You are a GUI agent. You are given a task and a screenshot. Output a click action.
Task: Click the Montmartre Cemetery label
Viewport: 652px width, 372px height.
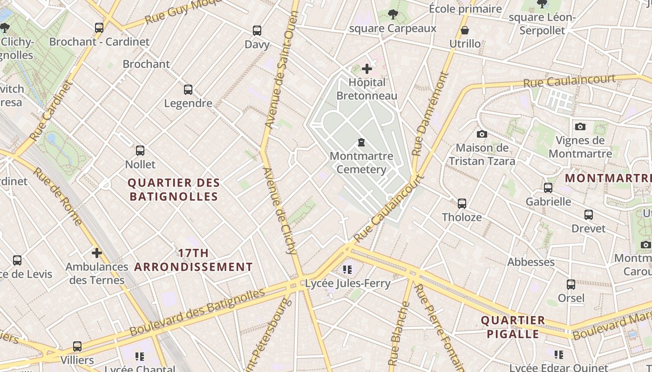(361, 163)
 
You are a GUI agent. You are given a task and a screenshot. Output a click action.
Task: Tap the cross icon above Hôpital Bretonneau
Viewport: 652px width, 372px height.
(367, 69)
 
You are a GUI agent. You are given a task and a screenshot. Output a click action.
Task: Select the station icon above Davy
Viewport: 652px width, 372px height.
(257, 31)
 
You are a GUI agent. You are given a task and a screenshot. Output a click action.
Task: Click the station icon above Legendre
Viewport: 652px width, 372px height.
(188, 90)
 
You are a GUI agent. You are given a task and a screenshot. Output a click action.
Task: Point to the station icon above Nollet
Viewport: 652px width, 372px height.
(140, 151)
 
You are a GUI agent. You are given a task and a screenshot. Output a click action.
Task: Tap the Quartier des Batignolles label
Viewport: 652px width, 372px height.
(173, 190)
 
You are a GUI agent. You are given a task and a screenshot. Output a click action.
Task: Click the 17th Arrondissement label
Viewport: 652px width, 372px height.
(194, 260)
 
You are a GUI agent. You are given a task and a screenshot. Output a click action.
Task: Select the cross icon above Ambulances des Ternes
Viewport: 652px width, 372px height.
(96, 253)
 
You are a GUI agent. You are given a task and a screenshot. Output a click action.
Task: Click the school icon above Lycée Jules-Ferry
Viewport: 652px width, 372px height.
(347, 269)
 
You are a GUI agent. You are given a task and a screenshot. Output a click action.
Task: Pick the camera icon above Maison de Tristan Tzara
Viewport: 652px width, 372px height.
(482, 134)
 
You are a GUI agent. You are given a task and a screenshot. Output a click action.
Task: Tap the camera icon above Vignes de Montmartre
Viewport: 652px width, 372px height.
(580, 126)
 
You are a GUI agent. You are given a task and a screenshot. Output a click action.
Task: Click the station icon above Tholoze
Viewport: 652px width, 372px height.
(462, 204)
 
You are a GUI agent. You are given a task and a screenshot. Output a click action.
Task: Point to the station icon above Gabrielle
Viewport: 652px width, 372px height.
(548, 188)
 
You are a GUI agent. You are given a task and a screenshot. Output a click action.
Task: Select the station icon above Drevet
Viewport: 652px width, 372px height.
(589, 215)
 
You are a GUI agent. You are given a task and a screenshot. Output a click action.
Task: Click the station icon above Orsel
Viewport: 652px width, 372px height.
(571, 285)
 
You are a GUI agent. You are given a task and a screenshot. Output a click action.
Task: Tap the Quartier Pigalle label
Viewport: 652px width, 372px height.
(513, 327)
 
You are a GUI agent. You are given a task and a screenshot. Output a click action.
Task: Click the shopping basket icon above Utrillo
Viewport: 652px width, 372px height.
(465, 31)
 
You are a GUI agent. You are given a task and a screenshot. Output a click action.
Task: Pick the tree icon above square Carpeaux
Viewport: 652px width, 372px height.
(393, 14)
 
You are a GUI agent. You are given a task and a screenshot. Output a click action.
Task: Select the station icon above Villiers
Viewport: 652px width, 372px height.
(77, 346)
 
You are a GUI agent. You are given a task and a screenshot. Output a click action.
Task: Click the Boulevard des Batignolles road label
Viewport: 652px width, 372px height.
(197, 312)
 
